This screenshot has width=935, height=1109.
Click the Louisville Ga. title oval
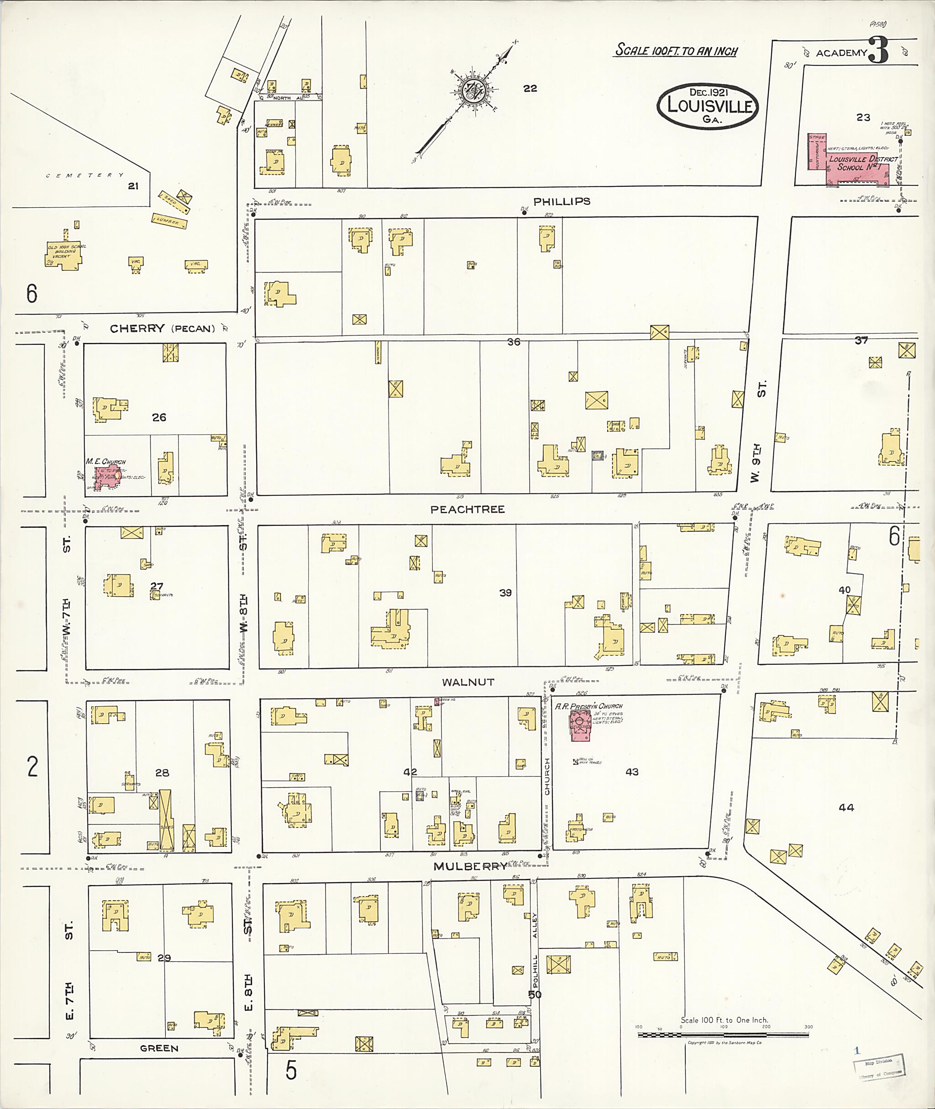point(708,106)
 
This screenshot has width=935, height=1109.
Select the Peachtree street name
point(467,510)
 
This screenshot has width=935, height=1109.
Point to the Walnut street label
point(467,682)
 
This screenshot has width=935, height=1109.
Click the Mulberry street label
point(470,866)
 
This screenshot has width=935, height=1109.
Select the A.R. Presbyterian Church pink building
point(580,725)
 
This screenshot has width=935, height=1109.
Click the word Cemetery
point(85,175)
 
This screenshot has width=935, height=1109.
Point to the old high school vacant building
point(64,255)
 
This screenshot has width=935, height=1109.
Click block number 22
point(530,89)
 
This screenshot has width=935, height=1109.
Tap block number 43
point(631,772)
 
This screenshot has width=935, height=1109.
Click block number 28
point(162,773)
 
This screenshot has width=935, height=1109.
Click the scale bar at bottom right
point(723,1034)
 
